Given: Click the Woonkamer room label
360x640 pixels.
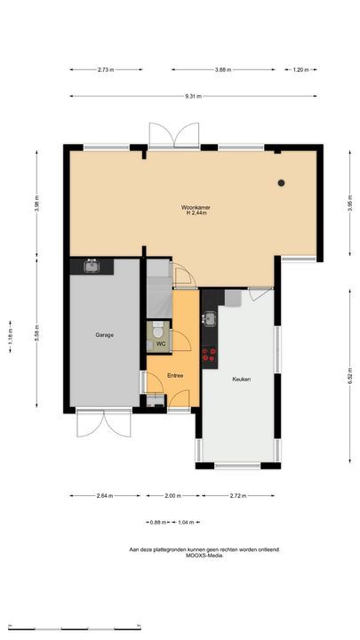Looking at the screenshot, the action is click(196, 207).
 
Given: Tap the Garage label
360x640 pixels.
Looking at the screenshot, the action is click(105, 335).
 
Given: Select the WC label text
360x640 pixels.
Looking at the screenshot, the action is click(161, 344).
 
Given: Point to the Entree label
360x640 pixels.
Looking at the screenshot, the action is click(175, 375).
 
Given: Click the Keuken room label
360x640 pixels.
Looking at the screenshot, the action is click(241, 380).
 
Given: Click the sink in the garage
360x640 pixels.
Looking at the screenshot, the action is click(92, 266).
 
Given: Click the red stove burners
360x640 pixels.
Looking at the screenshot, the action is click(210, 355).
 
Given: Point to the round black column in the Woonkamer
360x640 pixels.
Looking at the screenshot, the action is click(281, 183).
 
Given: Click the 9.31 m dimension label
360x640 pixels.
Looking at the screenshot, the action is click(193, 96).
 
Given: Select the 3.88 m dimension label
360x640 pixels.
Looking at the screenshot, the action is click(223, 70).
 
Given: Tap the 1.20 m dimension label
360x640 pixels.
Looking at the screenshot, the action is click(300, 70).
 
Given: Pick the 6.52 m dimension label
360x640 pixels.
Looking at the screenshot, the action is click(350, 375).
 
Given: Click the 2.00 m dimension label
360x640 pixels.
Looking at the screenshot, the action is click(173, 496).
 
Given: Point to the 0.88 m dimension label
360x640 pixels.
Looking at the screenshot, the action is click(158, 522).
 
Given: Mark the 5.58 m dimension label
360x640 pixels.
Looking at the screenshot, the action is click(36, 333).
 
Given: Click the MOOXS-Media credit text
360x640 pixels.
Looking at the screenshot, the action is click(205, 555).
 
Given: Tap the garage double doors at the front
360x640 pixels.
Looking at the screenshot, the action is click(104, 423).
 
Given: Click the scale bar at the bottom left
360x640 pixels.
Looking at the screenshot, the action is click(75, 628).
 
